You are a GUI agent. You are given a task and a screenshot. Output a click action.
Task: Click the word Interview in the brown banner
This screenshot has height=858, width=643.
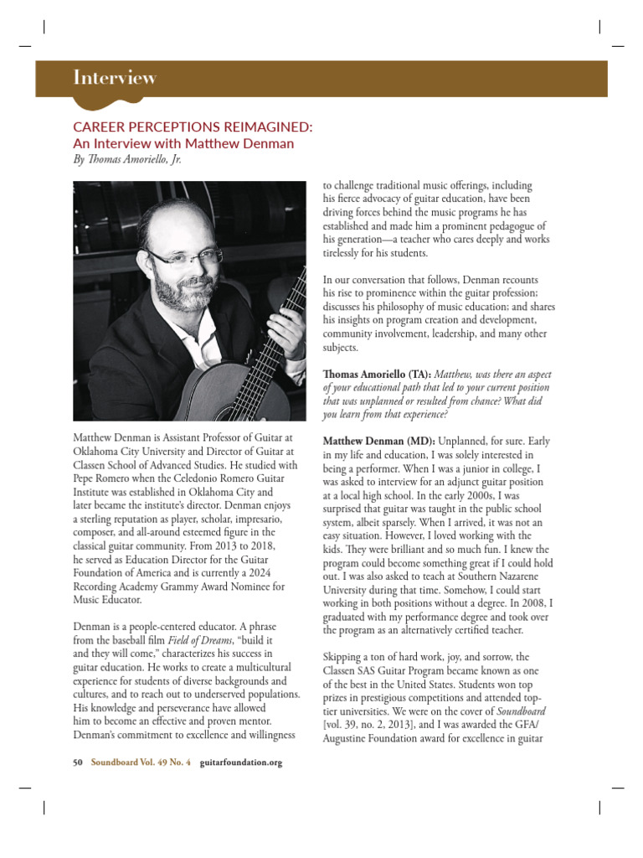pyautogui.click(x=115, y=78)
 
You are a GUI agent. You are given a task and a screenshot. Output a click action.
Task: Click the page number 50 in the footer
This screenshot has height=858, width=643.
pyautogui.click(x=77, y=762)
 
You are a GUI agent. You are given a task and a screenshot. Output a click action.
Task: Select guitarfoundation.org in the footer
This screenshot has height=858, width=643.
pyautogui.click(x=241, y=762)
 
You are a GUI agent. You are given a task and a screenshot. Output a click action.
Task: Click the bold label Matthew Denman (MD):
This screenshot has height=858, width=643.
pyautogui.click(x=377, y=441)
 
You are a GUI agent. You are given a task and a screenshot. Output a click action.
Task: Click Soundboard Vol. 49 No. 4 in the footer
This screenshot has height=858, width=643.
pyautogui.click(x=141, y=762)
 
